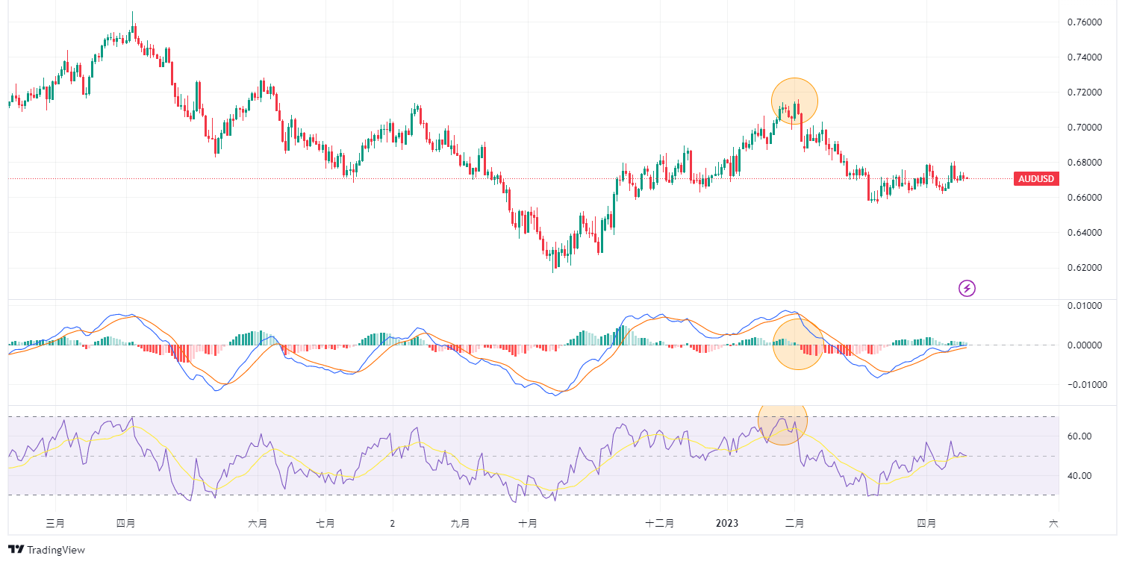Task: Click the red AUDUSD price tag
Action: point(1036,179)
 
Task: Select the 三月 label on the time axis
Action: point(55,524)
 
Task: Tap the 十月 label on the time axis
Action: point(528,524)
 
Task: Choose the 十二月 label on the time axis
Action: point(660,524)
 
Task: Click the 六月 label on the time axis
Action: point(258,524)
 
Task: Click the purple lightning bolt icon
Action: point(967,288)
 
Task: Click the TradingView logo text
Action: point(56,551)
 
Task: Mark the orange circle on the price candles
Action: point(795,101)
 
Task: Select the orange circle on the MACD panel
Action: point(797,344)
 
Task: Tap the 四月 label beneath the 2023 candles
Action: point(926,524)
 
